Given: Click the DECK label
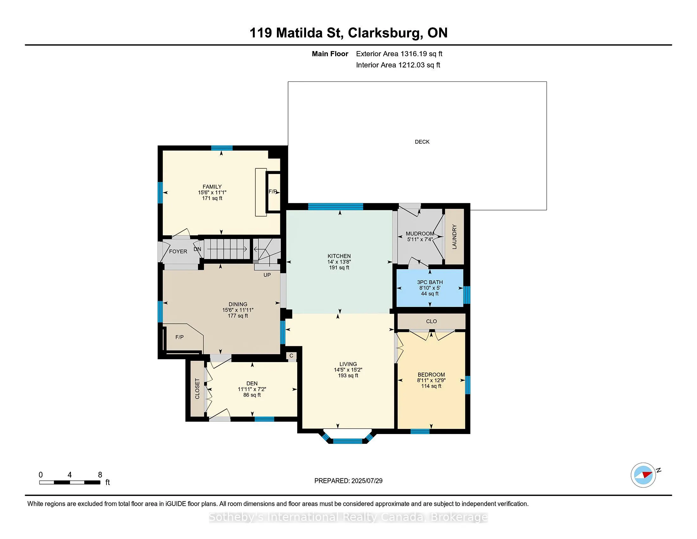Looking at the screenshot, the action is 422,142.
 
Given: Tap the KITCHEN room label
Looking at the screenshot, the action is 339,256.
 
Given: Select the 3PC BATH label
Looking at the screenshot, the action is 430,282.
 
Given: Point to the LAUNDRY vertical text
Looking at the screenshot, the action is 454,237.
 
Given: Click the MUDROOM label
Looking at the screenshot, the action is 420,234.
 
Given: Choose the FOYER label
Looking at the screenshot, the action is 178,252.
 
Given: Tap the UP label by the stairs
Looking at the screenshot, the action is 267,275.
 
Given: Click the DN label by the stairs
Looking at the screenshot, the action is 197,249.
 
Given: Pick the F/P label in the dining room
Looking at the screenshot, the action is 179,337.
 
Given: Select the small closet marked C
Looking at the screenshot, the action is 291,356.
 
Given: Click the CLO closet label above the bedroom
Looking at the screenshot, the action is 431,321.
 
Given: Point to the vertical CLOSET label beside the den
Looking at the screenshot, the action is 197,389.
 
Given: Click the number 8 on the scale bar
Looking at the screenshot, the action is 100,475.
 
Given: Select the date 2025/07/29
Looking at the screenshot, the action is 367,481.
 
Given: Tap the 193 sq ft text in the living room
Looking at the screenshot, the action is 348,375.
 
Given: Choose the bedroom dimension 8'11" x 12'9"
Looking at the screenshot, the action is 431,380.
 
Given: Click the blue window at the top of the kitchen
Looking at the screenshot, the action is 336,207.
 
